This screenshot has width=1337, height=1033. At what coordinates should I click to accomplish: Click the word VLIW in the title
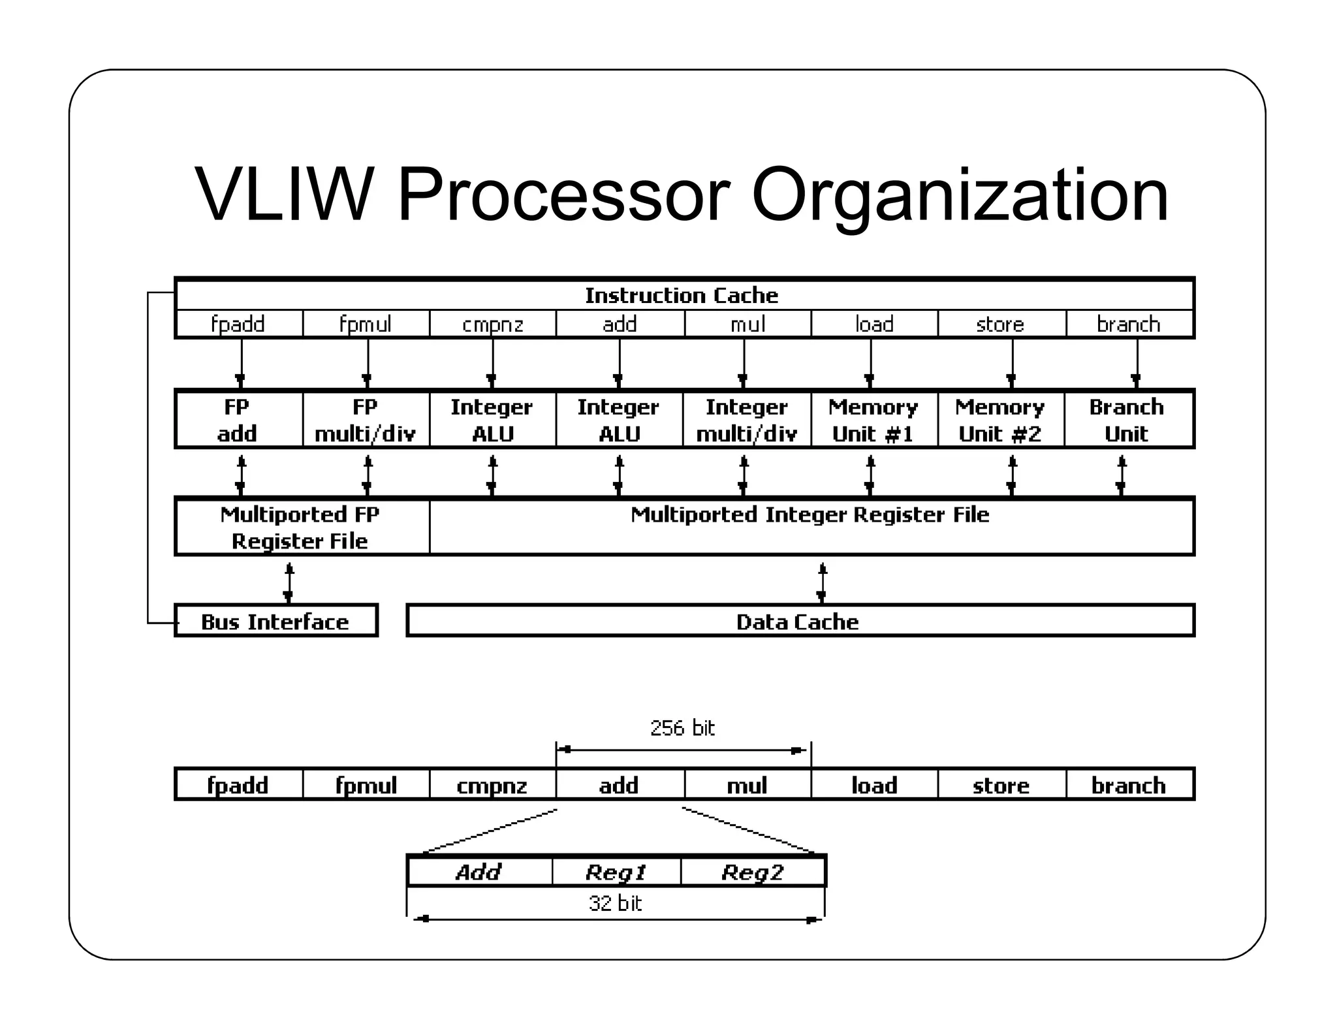284,195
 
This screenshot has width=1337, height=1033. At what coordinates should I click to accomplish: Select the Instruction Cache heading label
681,296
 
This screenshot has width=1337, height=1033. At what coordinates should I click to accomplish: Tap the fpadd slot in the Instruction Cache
238,324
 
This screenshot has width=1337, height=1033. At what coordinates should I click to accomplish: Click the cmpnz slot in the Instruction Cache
492,324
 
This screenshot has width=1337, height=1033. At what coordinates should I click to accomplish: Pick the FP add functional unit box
238,420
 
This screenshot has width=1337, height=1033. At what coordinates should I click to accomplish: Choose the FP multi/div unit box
366,420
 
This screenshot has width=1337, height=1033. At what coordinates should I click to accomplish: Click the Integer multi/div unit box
746,420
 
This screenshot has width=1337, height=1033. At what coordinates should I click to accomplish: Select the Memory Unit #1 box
873,420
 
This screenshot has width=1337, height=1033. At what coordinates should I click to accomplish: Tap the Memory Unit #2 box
1000,420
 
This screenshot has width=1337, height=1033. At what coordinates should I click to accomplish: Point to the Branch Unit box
1127,420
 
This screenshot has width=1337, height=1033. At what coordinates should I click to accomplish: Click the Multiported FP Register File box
300,527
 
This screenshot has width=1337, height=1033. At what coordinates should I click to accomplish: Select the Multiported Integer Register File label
810,515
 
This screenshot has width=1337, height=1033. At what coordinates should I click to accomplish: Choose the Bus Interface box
275,622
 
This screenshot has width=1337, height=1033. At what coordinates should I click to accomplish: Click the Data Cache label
797,622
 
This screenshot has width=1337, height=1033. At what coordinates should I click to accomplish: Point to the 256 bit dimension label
682,728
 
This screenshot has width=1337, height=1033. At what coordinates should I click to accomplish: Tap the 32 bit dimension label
615,903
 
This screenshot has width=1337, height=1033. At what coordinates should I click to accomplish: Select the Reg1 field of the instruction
616,872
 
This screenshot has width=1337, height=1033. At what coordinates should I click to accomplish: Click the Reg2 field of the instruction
752,872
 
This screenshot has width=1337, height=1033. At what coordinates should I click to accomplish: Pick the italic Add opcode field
479,872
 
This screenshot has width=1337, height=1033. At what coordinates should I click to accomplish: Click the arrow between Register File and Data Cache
822,581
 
